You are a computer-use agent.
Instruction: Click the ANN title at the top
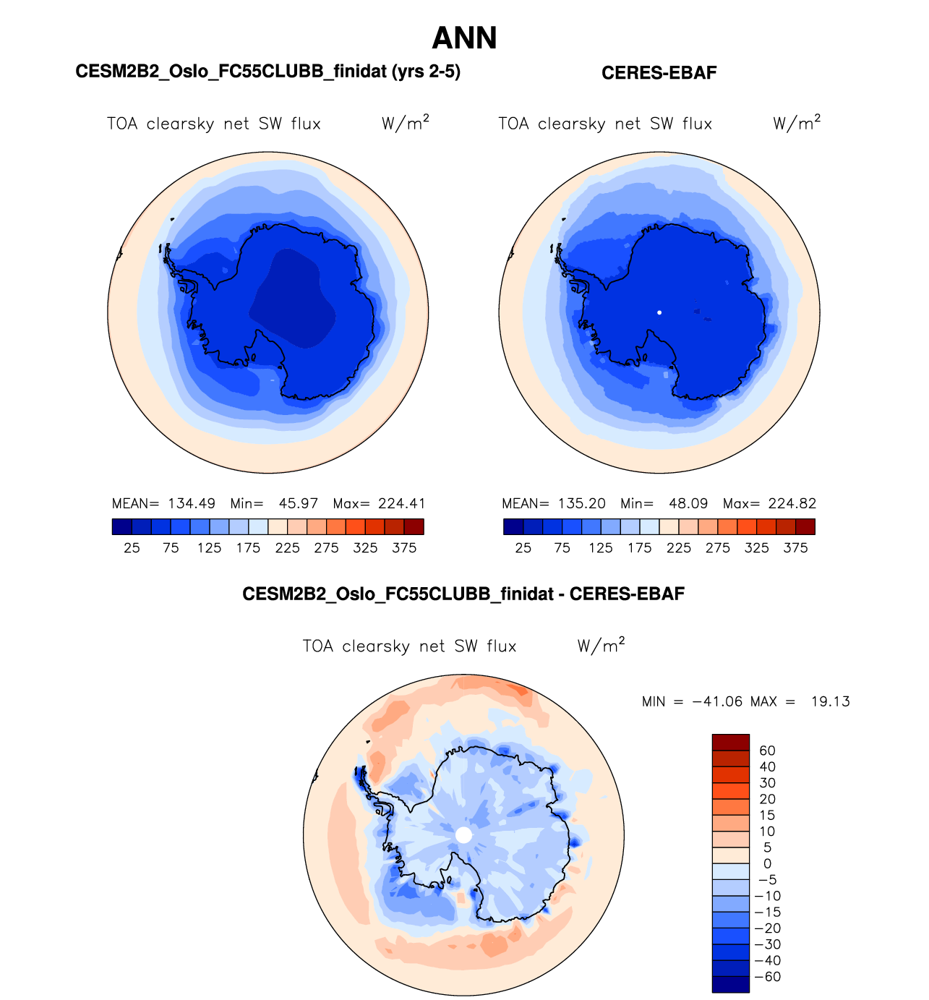pyautogui.click(x=464, y=38)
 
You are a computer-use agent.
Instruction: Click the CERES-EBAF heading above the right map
pyautogui.click(x=659, y=73)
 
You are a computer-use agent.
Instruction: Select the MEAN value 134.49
pyautogui.click(x=192, y=503)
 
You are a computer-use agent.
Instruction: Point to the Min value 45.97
pyautogui.click(x=299, y=503)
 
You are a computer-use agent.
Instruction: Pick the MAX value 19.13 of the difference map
pyautogui.click(x=830, y=701)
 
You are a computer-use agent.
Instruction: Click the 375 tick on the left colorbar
pyautogui.click(x=404, y=548)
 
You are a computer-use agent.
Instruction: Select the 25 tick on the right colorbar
pyautogui.click(x=523, y=548)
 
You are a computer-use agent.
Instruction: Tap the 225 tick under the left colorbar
pyautogui.click(x=287, y=548)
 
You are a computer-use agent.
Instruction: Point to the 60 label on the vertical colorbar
pyautogui.click(x=767, y=751)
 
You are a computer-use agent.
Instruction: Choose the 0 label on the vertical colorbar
pyautogui.click(x=767, y=863)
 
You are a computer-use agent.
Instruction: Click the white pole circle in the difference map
pyautogui.click(x=463, y=835)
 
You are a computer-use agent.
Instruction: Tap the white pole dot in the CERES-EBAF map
pyautogui.click(x=659, y=312)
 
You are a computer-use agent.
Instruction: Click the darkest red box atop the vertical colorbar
pyautogui.click(x=730, y=743)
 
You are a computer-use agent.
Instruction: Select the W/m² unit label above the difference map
pyautogui.click(x=600, y=645)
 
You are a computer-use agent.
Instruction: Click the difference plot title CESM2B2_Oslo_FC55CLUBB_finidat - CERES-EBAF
pyautogui.click(x=463, y=594)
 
